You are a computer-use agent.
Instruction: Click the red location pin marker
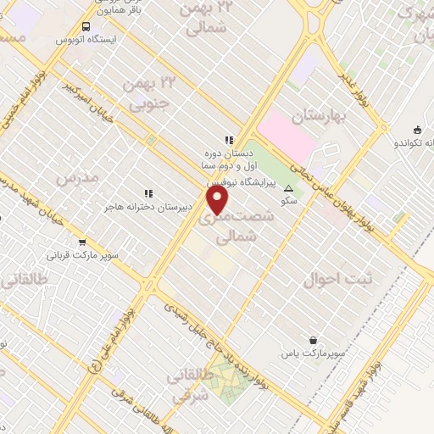pyautogui.click(x=219, y=200)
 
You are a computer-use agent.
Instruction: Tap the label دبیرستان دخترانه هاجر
pyautogui.click(x=149, y=206)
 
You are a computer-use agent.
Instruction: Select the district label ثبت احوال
pyautogui.click(x=320, y=279)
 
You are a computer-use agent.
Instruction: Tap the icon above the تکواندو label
pyautogui.click(x=416, y=130)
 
